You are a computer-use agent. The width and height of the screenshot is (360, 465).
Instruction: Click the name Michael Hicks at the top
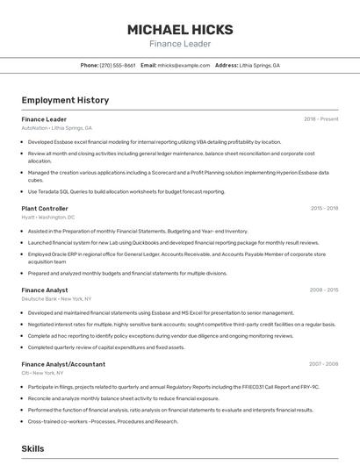click(x=179, y=29)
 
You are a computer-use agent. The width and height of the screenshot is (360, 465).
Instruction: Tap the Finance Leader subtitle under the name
click(x=179, y=44)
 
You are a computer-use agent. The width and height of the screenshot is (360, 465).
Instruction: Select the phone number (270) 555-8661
click(x=117, y=65)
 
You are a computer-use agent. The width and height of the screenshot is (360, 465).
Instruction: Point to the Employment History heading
click(x=65, y=100)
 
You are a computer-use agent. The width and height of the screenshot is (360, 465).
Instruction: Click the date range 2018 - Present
click(x=320, y=118)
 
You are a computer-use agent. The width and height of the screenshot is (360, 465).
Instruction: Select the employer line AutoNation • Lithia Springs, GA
click(x=56, y=127)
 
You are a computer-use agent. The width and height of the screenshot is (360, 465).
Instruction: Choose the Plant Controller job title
click(x=45, y=208)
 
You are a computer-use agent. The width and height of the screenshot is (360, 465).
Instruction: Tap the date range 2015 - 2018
click(x=324, y=208)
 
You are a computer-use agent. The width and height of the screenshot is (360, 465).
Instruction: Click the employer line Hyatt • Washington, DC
click(x=48, y=217)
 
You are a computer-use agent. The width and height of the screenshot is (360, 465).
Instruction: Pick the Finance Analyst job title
click(x=45, y=290)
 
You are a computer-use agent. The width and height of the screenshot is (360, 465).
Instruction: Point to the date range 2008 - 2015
click(x=323, y=290)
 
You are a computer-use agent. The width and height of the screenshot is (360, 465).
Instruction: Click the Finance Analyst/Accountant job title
click(x=63, y=363)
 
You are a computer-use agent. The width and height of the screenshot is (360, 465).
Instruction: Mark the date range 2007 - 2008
click(x=323, y=363)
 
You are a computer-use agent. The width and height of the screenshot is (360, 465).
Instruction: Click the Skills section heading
click(x=33, y=448)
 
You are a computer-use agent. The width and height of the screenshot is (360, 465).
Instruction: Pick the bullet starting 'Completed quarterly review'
click(x=106, y=347)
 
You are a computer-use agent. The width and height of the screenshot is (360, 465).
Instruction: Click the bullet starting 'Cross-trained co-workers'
click(x=103, y=421)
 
